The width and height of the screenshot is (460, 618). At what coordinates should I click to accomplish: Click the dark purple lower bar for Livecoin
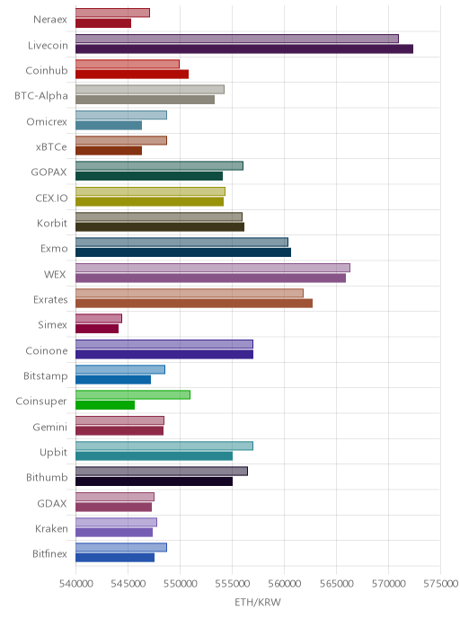(244, 49)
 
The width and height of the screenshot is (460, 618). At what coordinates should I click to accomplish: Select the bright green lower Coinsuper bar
(105, 405)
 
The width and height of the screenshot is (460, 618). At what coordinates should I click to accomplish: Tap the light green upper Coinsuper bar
(133, 394)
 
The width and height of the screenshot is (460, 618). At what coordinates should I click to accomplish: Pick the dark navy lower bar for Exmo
(183, 252)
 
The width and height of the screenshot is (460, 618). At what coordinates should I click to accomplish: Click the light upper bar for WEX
(213, 268)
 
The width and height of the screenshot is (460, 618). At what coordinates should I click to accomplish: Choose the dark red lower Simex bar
(97, 329)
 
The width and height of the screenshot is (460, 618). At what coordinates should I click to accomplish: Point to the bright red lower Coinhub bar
(132, 74)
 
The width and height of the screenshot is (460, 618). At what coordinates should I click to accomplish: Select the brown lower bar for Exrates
(194, 303)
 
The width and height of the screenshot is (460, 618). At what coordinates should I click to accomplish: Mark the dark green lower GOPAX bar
(149, 176)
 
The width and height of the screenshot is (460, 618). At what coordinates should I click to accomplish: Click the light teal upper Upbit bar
(164, 446)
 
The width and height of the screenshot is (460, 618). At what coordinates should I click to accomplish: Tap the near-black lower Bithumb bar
(155, 481)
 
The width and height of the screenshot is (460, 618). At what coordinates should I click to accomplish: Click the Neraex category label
(50, 20)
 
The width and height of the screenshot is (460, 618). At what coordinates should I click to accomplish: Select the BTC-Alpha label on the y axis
(41, 96)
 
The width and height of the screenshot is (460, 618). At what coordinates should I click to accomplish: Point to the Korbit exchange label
(52, 223)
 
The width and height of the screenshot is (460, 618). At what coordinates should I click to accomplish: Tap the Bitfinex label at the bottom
(49, 553)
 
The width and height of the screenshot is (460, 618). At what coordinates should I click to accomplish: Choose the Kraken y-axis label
(51, 528)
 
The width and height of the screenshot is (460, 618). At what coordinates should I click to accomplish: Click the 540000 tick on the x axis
(76, 584)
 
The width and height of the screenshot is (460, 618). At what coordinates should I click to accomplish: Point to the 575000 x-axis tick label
(441, 584)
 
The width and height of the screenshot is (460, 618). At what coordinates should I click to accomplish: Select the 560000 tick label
(284, 584)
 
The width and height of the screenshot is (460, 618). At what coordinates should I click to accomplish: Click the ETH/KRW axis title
(258, 602)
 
